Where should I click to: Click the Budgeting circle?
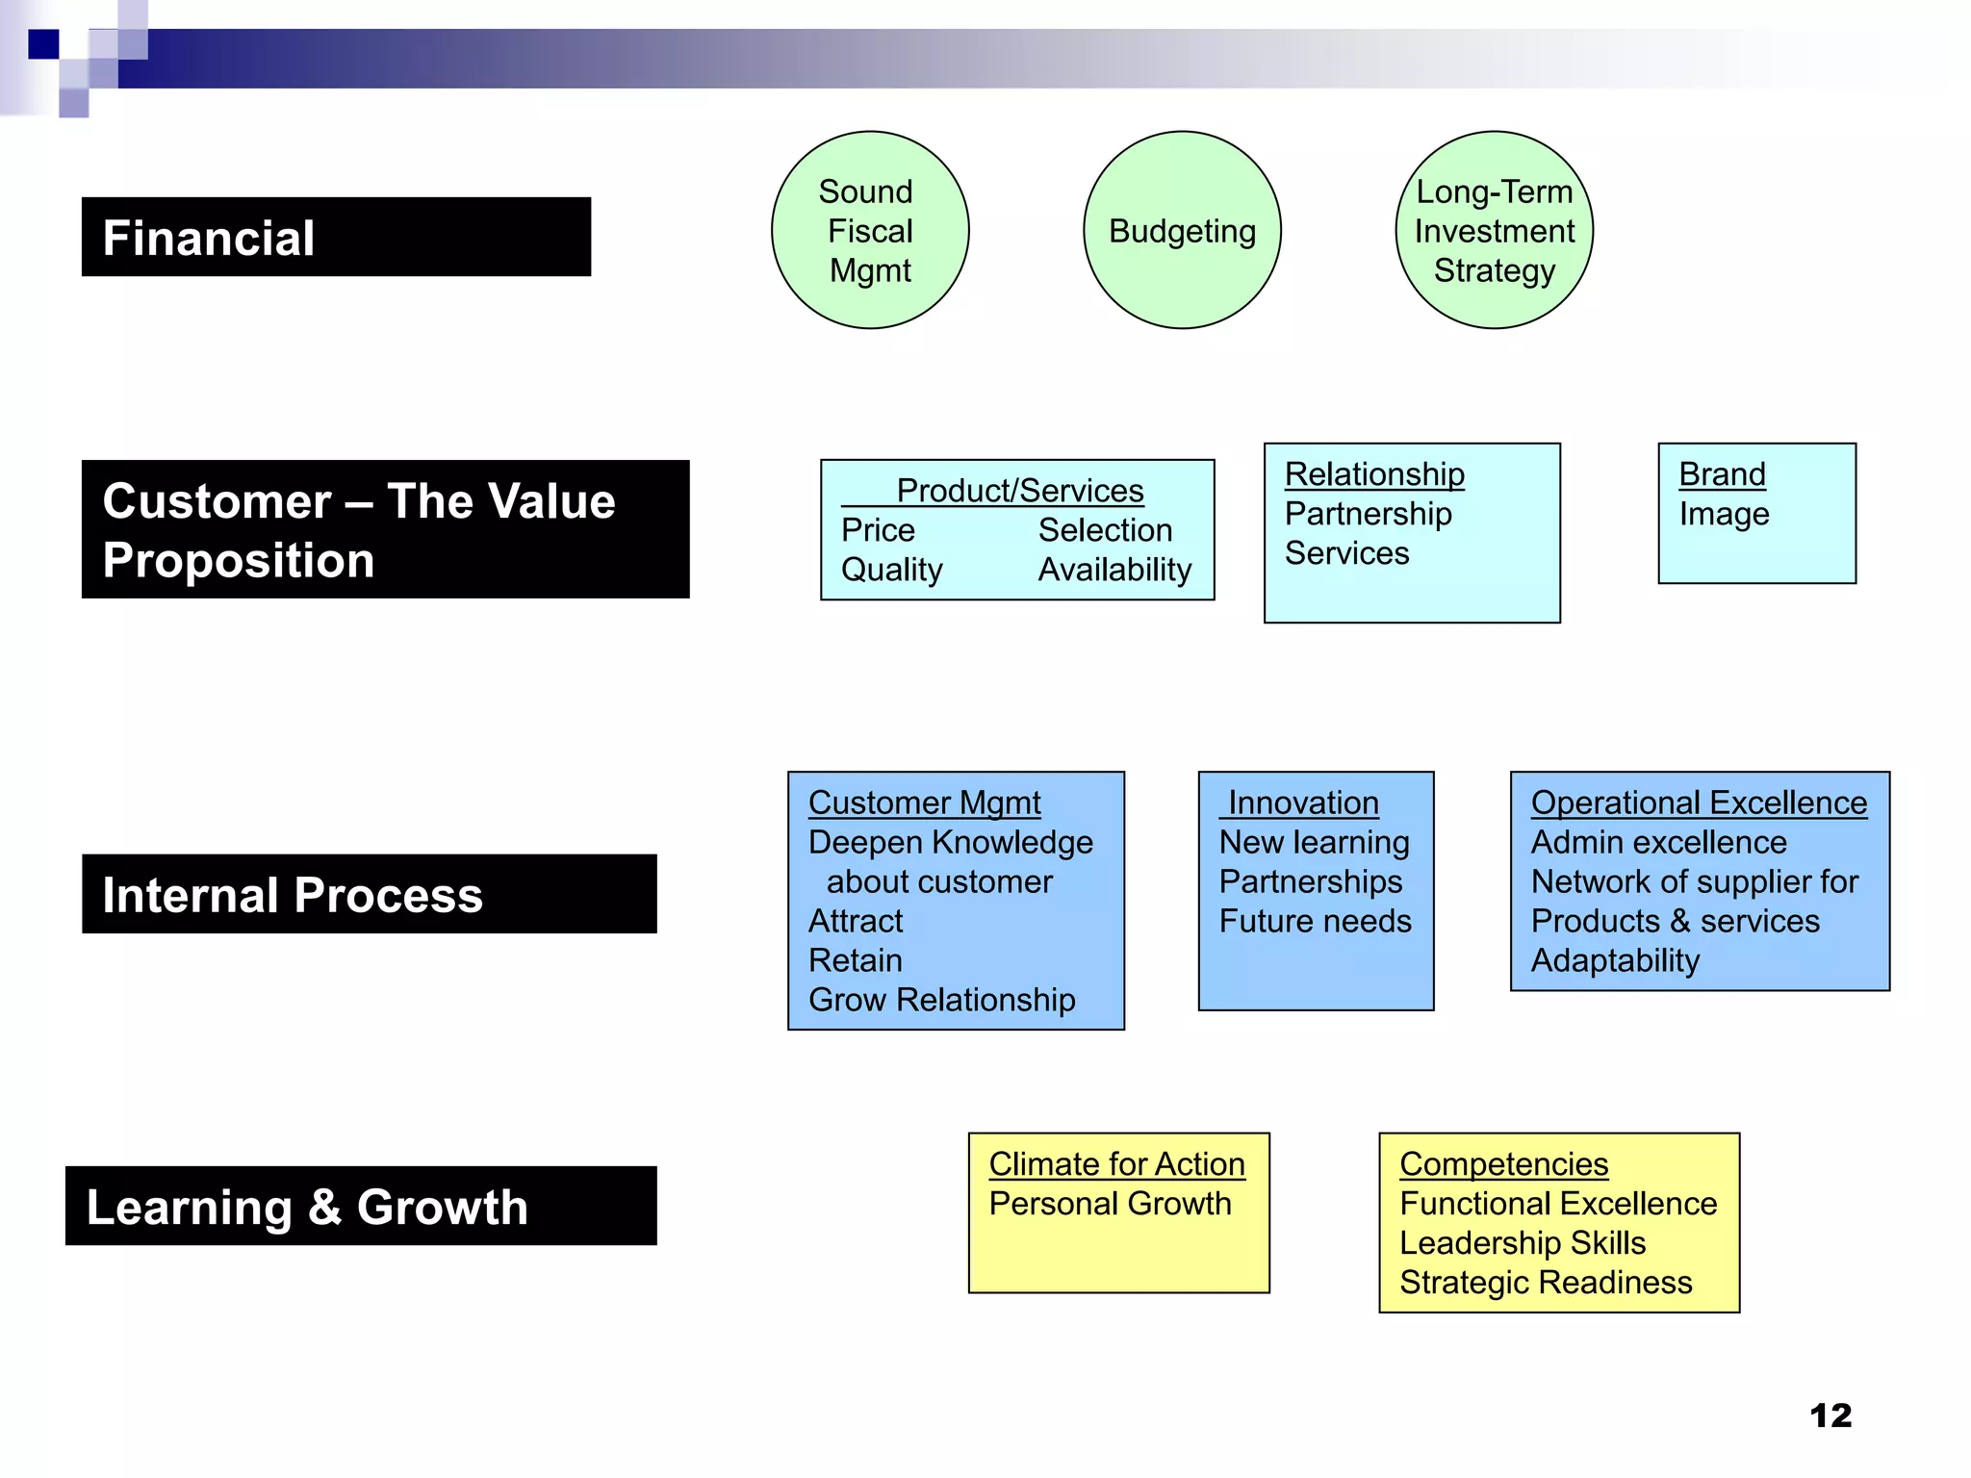coord(1182,231)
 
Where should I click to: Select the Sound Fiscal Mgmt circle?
coord(870,231)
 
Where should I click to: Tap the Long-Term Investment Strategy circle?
coord(1494,231)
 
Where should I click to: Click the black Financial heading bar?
coord(336,238)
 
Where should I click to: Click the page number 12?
coord(1830,1415)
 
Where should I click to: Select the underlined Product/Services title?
coord(1019,491)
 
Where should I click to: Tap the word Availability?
coord(1114,570)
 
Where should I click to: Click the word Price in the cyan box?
coord(878,530)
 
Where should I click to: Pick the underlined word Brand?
coord(1722,474)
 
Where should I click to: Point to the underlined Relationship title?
coord(1374,474)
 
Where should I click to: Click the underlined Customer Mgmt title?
coord(924,803)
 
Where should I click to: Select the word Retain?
coord(856,960)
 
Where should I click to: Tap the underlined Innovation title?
coord(1303,803)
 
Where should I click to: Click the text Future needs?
coord(1315,921)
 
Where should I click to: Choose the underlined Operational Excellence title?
coord(1699,803)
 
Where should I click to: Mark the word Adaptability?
coord(1615,960)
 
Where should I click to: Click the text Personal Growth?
coord(1110,1204)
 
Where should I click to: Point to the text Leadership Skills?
coord(1523,1243)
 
